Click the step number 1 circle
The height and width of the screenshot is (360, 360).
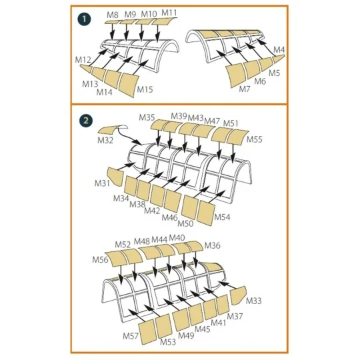click(x=84, y=19)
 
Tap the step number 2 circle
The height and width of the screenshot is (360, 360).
click(x=86, y=121)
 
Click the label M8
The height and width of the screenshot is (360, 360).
click(x=113, y=15)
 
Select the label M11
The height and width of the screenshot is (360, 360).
click(x=169, y=13)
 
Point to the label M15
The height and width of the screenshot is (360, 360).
click(x=145, y=89)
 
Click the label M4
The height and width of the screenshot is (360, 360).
click(x=279, y=49)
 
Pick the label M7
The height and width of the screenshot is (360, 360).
click(x=244, y=89)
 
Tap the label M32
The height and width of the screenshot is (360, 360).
click(x=105, y=140)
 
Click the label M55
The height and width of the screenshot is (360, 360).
click(x=255, y=139)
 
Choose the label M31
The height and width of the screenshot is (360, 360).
click(x=102, y=183)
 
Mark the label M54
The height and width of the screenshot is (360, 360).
click(x=222, y=217)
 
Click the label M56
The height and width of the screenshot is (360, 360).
click(x=100, y=260)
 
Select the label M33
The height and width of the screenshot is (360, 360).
click(x=254, y=301)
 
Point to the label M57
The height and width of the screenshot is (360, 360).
click(x=131, y=336)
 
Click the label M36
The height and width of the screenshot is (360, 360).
click(x=213, y=245)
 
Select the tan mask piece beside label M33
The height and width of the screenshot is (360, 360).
click(x=238, y=295)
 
